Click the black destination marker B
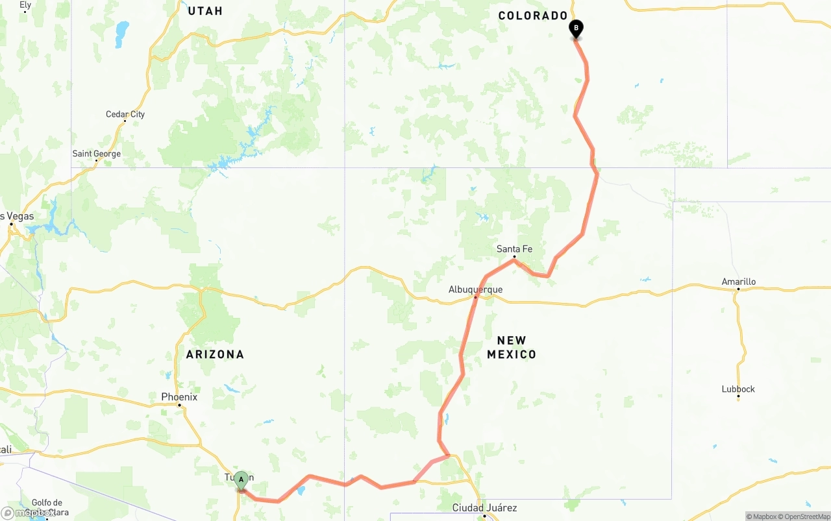coord(576,29)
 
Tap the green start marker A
coord(241,480)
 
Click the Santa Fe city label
coord(514,248)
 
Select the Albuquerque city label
coord(475,289)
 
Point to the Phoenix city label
coord(179,396)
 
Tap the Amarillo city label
coord(738,282)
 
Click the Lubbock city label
coord(738,389)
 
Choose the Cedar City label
coord(125,114)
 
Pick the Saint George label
coord(96,154)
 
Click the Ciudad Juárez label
coord(484,507)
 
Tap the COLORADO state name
coord(533,16)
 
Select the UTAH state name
coord(205,10)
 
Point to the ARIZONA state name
coord(215,354)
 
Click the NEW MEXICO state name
coord(512,347)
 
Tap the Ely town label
coord(25,5)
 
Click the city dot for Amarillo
coord(738,289)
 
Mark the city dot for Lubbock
coord(738,396)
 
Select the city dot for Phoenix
coord(179,405)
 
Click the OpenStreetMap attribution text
coord(806,516)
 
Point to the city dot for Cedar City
coord(125,121)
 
